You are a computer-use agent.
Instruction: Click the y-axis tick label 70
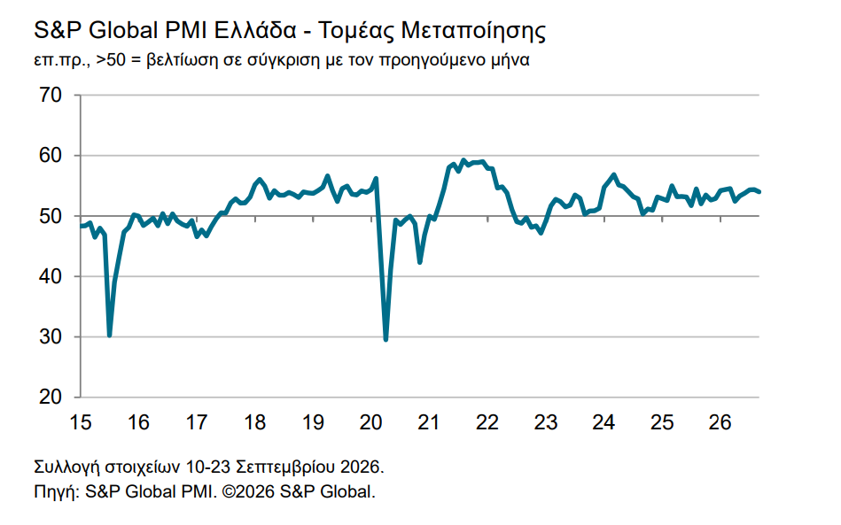coord(51,96)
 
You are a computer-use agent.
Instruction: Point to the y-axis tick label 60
coord(51,156)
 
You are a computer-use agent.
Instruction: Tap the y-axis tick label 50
coord(51,216)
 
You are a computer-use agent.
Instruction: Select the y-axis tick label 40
coord(51,276)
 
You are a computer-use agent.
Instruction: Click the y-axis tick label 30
coord(51,337)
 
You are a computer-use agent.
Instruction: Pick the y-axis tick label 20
coord(51,397)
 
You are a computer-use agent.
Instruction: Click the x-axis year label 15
coord(81,422)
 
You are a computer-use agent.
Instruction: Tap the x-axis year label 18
coord(254,422)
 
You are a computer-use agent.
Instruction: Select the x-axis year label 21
coord(429,422)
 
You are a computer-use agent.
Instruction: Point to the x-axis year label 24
coord(603,422)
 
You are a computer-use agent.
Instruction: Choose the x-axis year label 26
coord(720,422)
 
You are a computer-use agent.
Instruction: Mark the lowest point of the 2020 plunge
coord(385,340)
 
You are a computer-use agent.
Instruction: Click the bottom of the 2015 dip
coord(109,336)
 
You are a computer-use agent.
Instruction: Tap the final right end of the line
coord(759,192)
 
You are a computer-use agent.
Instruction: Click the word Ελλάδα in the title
coord(254,30)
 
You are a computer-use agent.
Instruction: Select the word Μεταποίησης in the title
coord(473,31)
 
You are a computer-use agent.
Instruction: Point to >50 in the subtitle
coord(111,60)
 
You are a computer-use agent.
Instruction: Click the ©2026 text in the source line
coord(248,491)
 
